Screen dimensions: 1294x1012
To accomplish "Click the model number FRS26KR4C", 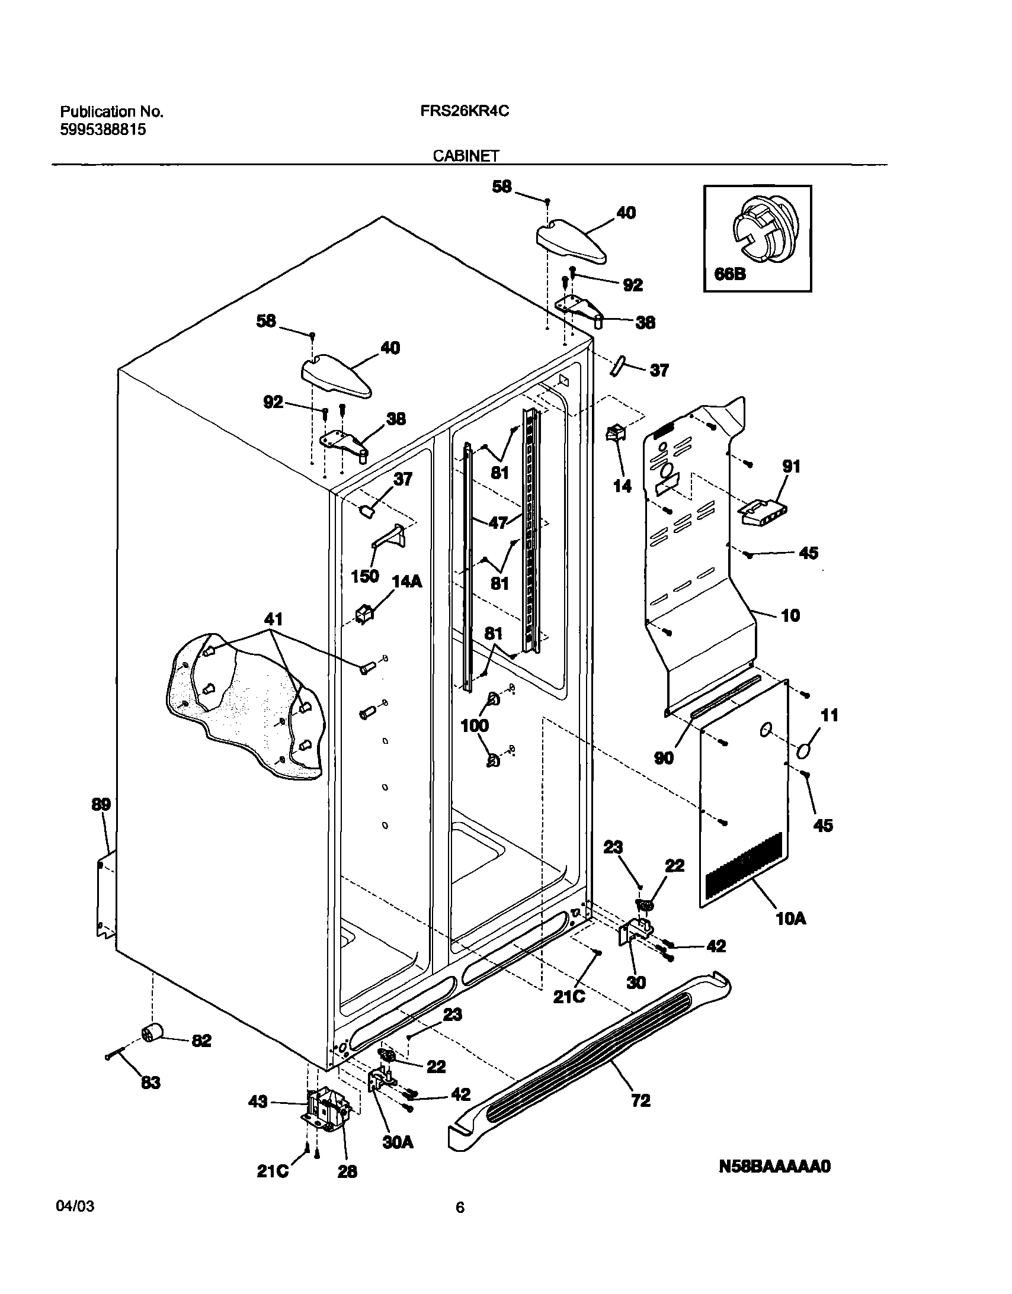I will pos(465,111).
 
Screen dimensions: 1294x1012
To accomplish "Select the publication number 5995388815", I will pos(103,130).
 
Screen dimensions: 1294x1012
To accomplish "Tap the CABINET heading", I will pos(465,156).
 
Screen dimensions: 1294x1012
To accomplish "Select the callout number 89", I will pos(101,805).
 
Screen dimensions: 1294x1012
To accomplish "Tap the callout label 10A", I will pos(791,919).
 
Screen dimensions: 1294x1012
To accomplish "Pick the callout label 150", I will pos(364,576).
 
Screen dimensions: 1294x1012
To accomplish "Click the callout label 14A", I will pos(406,581).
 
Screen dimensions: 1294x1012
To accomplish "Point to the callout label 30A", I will pos(397,1142).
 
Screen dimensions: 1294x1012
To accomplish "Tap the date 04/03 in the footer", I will pos(75,1206).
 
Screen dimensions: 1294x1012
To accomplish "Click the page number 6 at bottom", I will pos(460,1208).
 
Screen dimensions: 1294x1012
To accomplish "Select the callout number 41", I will pos(273,619).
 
